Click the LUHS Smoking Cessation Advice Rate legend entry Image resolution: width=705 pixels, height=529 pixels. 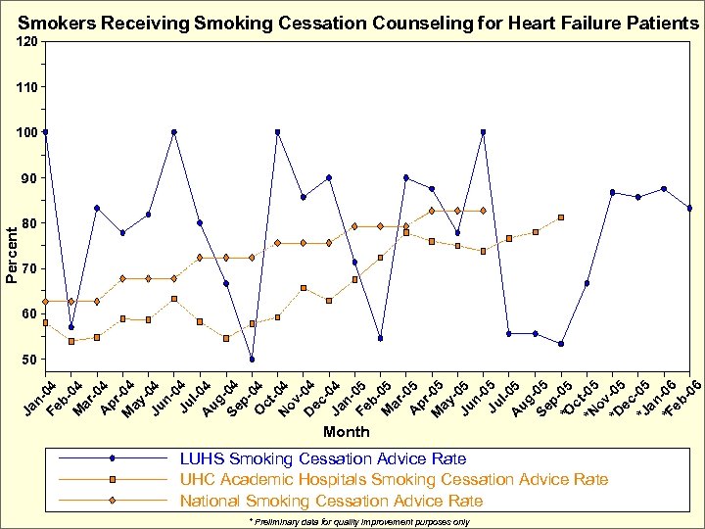coord(322,458)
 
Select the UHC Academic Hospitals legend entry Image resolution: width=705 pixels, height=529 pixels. coord(393,479)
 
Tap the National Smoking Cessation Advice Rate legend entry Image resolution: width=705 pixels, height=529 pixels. coord(331,501)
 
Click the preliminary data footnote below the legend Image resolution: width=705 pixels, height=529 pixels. coord(358,522)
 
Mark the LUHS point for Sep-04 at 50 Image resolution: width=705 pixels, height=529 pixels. coord(252,359)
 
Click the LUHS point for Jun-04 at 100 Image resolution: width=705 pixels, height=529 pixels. coord(173,132)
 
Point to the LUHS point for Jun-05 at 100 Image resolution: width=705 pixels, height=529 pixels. coord(483,132)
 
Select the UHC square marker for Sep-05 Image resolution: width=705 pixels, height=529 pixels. coord(561,217)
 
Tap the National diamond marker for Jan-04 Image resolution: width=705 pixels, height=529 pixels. coord(45,302)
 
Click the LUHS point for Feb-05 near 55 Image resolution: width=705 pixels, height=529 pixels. coord(380,338)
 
